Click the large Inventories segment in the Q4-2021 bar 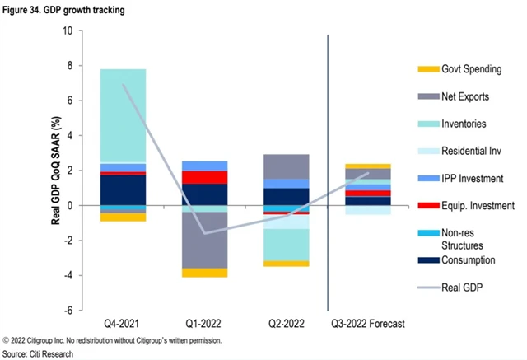(124, 115)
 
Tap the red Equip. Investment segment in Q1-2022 (205, 177)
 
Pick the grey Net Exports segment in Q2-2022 (286, 166)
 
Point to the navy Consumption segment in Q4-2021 (124, 189)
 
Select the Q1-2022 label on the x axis (205, 323)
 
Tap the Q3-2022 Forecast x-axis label (367, 323)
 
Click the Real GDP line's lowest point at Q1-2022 (205, 232)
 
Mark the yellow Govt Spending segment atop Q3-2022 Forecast (367, 166)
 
